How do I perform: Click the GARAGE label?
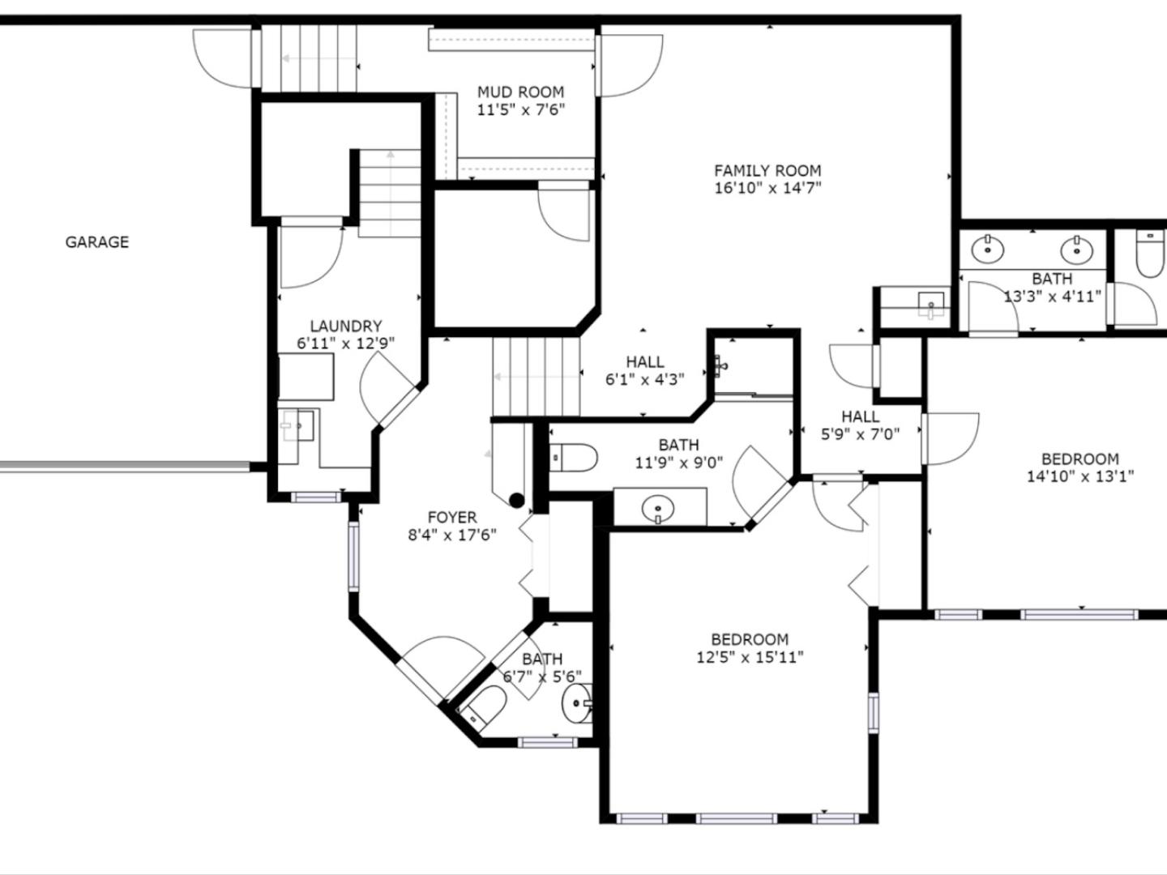coord(96,242)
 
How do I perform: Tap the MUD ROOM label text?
coord(520,92)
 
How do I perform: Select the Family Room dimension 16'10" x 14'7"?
coord(767,188)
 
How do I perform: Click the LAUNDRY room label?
coord(346,326)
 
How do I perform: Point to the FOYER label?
coord(452,517)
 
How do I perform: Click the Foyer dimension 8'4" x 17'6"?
coord(452,535)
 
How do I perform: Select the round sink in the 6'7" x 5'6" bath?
coord(577,703)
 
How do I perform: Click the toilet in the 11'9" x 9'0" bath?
coord(573,458)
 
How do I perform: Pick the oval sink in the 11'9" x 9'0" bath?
coord(658,509)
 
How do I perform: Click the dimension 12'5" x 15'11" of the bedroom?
coord(750,658)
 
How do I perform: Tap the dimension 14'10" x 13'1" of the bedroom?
coord(1079,476)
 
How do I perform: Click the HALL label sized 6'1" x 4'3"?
coord(645,362)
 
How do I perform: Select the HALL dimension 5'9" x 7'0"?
coord(860,434)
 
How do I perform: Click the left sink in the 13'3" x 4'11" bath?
coord(988,248)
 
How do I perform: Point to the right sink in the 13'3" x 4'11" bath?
coord(1077,250)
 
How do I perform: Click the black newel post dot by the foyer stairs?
coord(517,501)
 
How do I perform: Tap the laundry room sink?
coord(297,425)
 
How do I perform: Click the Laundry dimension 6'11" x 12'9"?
coord(346,344)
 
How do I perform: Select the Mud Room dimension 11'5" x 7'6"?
coord(520,110)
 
